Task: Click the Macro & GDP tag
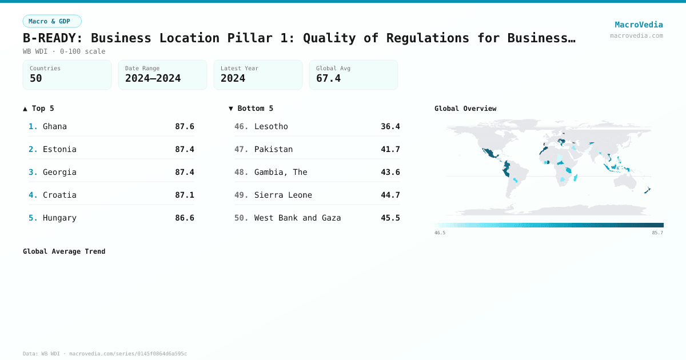pos(52,21)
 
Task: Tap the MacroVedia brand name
pos(639,25)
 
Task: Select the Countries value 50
pos(36,78)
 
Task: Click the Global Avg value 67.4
pos(328,78)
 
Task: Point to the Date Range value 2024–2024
pos(153,78)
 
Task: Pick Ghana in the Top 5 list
pos(55,126)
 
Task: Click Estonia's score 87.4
pos(185,149)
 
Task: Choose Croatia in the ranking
pos(59,195)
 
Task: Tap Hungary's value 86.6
pos(185,218)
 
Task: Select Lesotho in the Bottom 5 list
pos(271,126)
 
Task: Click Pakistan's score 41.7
pos(390,149)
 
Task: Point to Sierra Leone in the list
pos(283,195)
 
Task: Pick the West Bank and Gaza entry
pos(297,218)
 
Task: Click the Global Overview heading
pos(465,109)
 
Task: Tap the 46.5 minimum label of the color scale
pos(440,233)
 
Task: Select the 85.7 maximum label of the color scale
pos(657,233)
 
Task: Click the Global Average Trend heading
pos(64,251)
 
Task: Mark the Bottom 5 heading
pos(251,109)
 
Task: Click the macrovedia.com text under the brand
pos(636,35)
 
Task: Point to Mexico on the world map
pos(489,153)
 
